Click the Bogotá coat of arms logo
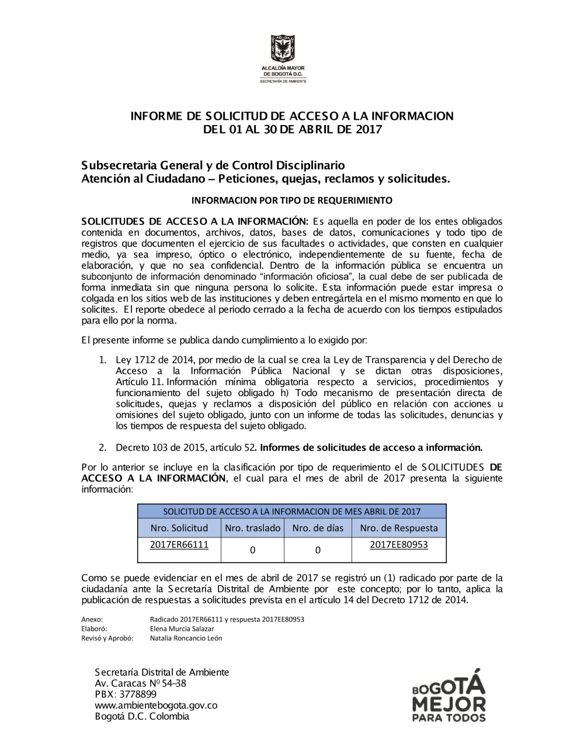coord(283,50)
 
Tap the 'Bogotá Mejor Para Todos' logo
coord(449,695)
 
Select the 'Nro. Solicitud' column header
coord(179,528)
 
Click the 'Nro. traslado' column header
coord(252,528)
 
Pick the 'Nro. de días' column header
coord(318,528)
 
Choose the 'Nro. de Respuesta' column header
coord(399,528)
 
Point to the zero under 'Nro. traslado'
coord(252,550)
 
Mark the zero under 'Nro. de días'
coord(318,550)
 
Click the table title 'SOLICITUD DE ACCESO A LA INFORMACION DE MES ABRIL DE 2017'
coord(291,512)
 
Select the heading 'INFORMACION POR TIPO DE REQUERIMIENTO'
coord(292,200)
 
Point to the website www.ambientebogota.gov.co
coord(156,705)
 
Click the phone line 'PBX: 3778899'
coord(126,694)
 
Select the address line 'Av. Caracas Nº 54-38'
coord(140,683)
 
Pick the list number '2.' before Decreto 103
coord(102,448)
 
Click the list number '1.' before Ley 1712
coord(102,360)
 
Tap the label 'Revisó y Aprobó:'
coord(107,638)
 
